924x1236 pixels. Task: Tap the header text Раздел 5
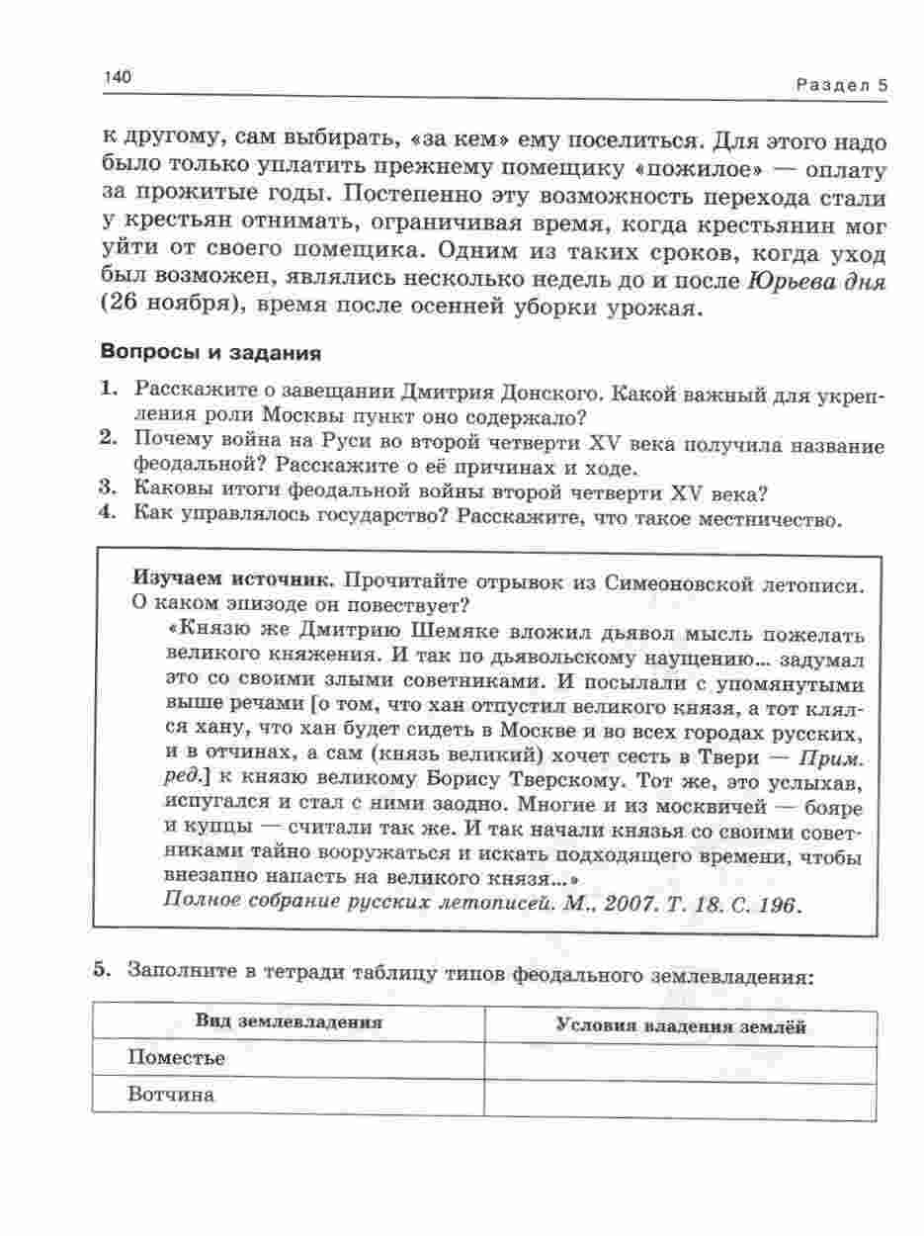841,85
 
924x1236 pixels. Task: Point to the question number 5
102,969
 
